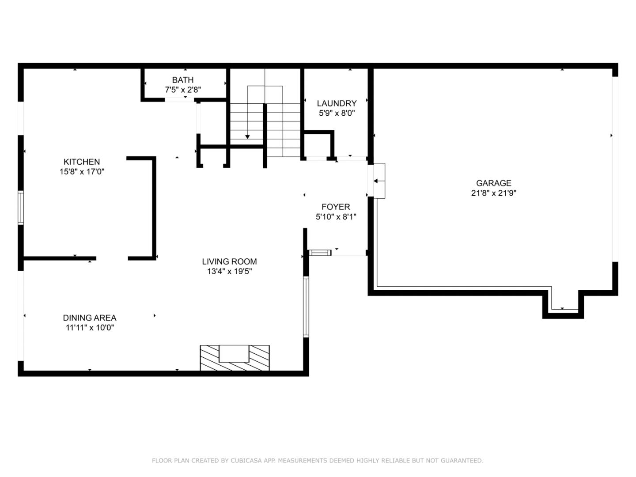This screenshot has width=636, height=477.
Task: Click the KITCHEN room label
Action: click(x=82, y=162)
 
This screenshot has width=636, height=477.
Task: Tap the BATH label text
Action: click(x=182, y=80)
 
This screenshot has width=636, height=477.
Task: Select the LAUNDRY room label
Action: click(x=337, y=103)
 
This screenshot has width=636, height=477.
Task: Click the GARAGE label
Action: click(x=493, y=183)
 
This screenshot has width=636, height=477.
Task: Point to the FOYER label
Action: click(x=336, y=207)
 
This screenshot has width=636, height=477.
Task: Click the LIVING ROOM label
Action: click(x=229, y=261)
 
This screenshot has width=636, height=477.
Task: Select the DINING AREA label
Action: click(x=90, y=318)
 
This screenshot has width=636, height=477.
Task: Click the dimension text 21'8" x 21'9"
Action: click(x=493, y=193)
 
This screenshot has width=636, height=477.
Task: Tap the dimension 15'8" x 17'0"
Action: click(x=82, y=172)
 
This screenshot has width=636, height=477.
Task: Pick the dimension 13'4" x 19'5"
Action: click(x=229, y=272)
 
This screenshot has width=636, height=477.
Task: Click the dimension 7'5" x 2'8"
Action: click(x=183, y=90)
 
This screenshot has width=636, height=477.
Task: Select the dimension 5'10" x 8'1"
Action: click(x=336, y=217)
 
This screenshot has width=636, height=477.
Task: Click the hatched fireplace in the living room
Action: click(x=235, y=358)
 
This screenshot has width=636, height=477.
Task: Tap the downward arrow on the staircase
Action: click(x=247, y=136)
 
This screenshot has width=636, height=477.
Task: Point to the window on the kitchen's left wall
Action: click(x=20, y=208)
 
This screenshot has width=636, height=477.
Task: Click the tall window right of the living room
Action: click(x=306, y=307)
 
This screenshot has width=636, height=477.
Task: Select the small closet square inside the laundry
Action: click(x=318, y=145)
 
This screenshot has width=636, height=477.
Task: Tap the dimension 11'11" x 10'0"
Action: click(x=90, y=328)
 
